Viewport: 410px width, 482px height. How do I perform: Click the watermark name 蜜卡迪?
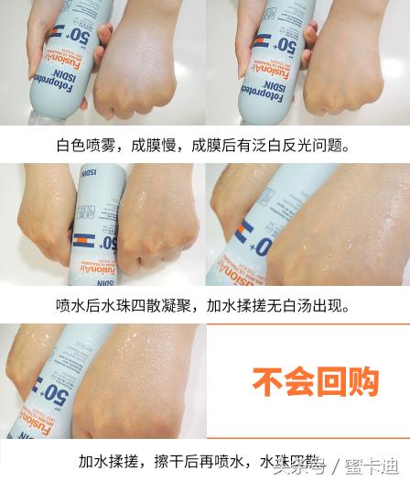[376, 467]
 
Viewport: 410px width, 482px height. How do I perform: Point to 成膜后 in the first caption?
[210, 146]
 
